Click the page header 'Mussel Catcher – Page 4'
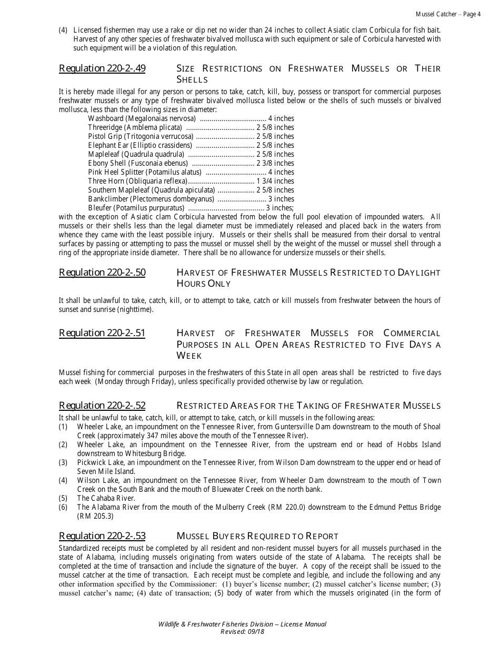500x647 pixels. (448, 14)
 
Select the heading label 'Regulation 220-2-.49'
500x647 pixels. (102, 68)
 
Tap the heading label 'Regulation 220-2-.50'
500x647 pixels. (102, 272)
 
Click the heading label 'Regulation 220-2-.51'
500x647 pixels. (102, 333)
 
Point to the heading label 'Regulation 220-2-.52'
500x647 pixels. (102, 406)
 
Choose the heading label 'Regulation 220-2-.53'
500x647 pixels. (102, 536)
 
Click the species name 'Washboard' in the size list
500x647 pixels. (105, 118)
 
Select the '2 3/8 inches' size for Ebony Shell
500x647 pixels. (275, 163)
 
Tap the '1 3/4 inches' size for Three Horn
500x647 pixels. (275, 181)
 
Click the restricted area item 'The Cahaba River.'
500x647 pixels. (106, 498)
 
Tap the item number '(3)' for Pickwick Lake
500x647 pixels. (63, 462)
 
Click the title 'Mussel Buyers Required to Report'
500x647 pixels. (257, 536)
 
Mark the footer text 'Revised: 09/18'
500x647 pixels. (242, 631)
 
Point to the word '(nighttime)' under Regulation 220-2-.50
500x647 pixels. (135, 309)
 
